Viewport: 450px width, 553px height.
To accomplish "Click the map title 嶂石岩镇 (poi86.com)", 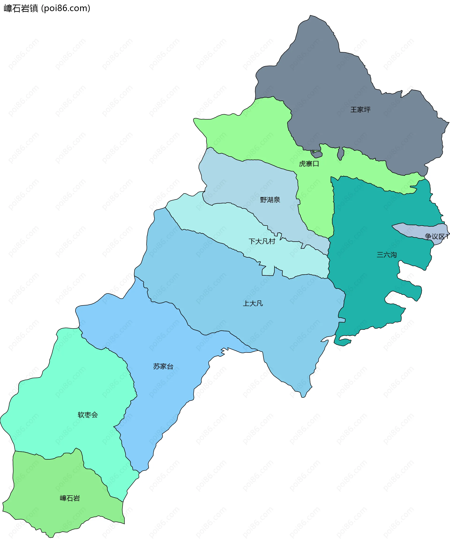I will click(x=47, y=8).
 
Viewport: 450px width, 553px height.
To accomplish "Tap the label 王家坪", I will click(x=360, y=110).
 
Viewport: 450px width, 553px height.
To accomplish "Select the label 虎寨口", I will click(x=309, y=164).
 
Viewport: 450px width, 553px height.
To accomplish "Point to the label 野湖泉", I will click(x=270, y=200).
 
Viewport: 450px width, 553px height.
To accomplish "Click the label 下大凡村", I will click(x=262, y=241).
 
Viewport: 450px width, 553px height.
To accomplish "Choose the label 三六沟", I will click(x=386, y=255).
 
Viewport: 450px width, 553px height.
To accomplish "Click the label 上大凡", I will click(x=253, y=303).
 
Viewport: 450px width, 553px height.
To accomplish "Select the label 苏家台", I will click(x=163, y=367).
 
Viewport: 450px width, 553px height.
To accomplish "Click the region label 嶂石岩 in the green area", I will click(x=70, y=498).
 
